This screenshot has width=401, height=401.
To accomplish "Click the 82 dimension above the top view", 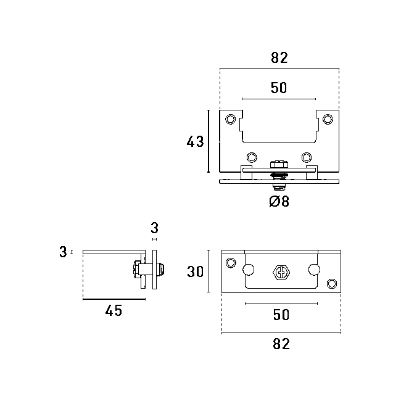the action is point(279,58).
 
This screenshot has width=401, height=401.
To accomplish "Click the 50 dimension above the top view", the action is point(279,88).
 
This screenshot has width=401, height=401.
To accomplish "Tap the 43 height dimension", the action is point(195,141).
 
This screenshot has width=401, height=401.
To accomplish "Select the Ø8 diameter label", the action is point(279,201).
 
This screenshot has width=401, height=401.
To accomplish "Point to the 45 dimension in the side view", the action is point(114,310).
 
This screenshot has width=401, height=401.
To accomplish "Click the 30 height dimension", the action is point(195,271).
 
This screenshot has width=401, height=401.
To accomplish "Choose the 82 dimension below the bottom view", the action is point(281,344).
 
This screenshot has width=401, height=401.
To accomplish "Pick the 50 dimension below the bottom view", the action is point(281,315).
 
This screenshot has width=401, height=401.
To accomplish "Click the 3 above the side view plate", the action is point(154,228).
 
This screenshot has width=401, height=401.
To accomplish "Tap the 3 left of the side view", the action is point(63,252).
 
